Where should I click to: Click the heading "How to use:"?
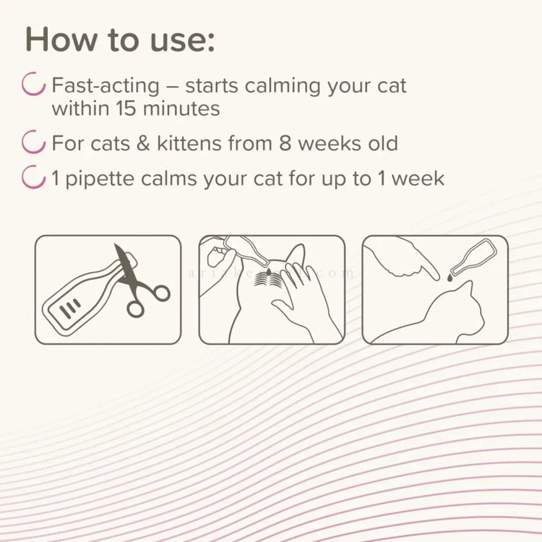pyautogui.click(x=120, y=40)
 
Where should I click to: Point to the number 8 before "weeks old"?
pyautogui.click(x=286, y=143)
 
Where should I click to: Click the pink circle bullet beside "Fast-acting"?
pyautogui.click(x=34, y=85)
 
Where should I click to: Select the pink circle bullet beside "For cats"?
pyautogui.click(x=34, y=142)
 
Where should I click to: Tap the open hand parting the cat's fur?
pyautogui.click(x=307, y=296)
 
